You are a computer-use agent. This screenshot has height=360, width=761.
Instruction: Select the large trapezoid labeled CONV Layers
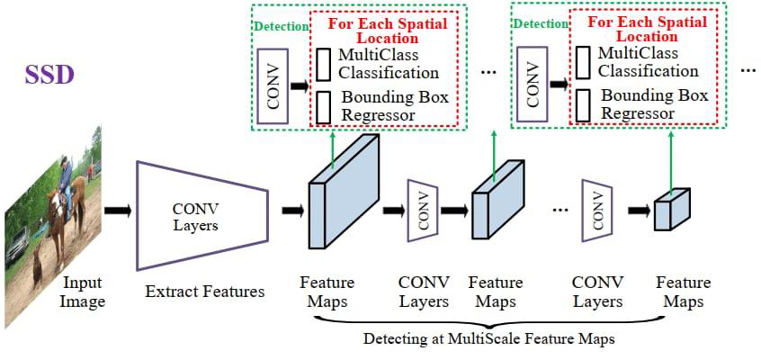click(x=201, y=215)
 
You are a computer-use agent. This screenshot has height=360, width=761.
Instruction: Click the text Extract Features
click(x=205, y=292)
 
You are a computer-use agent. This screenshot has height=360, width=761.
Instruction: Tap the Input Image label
click(x=83, y=292)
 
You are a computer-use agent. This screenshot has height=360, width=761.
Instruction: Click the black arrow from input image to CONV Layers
click(x=117, y=211)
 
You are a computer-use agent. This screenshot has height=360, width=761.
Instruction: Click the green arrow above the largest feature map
click(x=334, y=148)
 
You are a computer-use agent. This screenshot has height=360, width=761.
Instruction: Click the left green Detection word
click(x=281, y=27)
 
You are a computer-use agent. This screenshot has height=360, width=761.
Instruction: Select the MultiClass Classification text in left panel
click(x=389, y=65)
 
